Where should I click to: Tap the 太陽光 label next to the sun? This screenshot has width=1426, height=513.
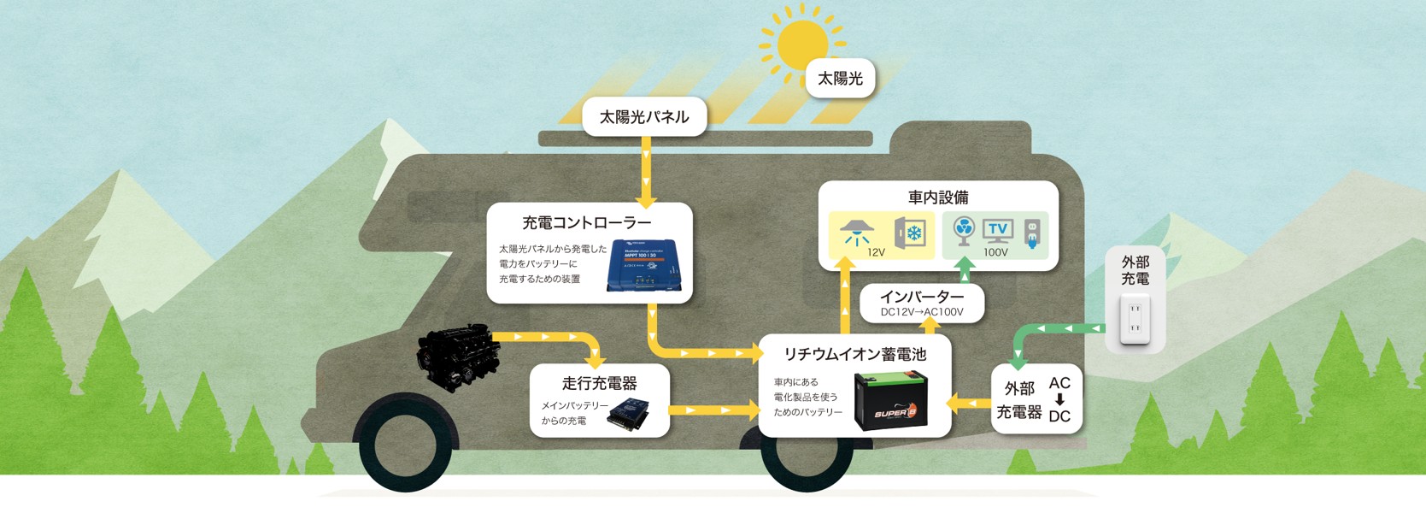[840, 79]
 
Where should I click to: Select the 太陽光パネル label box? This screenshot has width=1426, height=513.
[644, 116]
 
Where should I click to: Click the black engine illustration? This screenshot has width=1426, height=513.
[458, 356]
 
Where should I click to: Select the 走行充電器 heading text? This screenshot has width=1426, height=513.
[599, 383]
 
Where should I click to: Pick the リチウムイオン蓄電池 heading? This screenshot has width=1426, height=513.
[854, 353]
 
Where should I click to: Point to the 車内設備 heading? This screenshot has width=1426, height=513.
[938, 198]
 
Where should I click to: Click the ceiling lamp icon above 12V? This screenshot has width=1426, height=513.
[855, 232]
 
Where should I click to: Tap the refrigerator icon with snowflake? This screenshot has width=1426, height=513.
[911, 233]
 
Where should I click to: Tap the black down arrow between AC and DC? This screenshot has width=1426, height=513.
[1059, 400]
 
